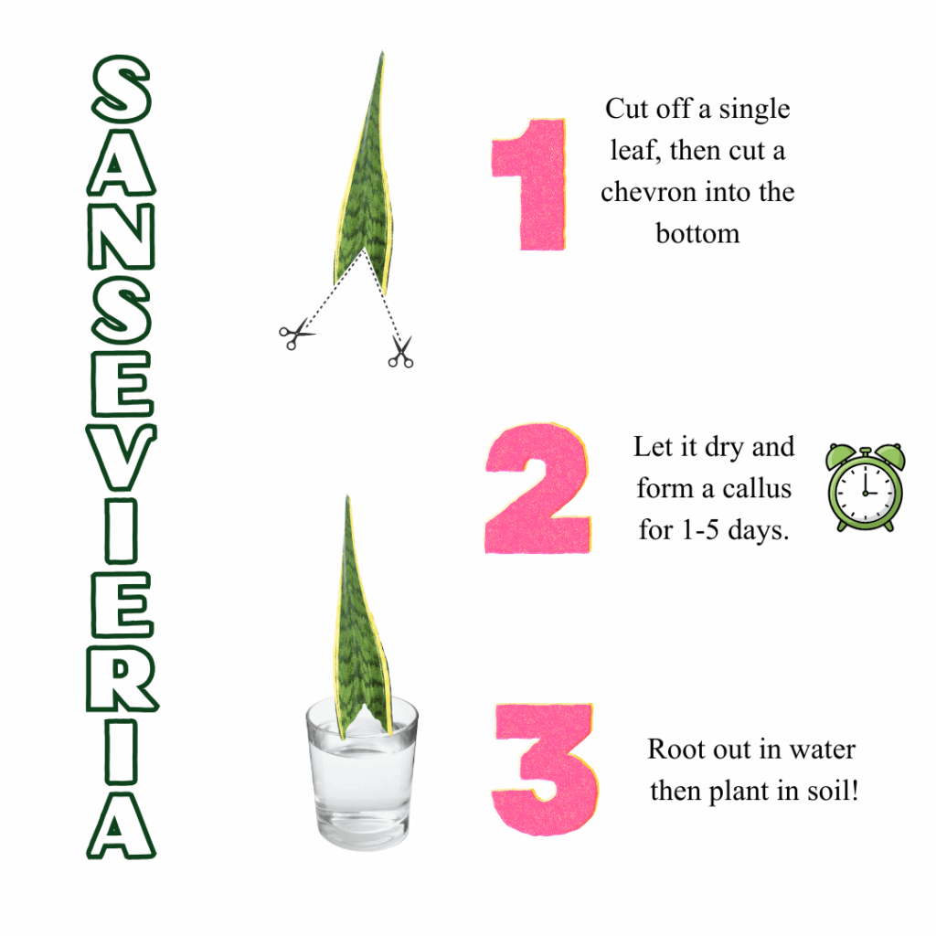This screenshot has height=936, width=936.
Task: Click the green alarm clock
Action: pyautogui.click(x=865, y=487)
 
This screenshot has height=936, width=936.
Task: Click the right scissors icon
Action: pyautogui.click(x=400, y=353)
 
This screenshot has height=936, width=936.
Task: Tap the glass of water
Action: pyautogui.click(x=361, y=782)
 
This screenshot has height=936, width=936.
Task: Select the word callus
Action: pyautogui.click(x=755, y=488)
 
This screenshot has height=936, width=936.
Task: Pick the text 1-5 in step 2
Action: pyautogui.click(x=698, y=529)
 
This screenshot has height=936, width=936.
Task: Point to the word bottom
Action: pyautogui.click(x=697, y=233)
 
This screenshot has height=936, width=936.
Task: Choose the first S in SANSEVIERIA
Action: pyautogui.click(x=121, y=91)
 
